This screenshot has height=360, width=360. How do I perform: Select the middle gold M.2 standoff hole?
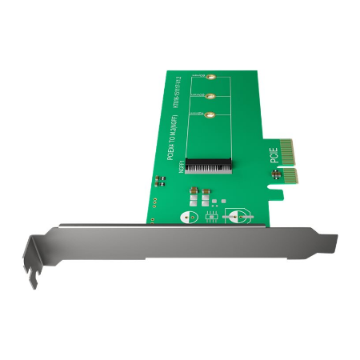pyautogui.click(x=210, y=98)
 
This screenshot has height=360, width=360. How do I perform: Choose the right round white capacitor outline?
pyautogui.click(x=238, y=215)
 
